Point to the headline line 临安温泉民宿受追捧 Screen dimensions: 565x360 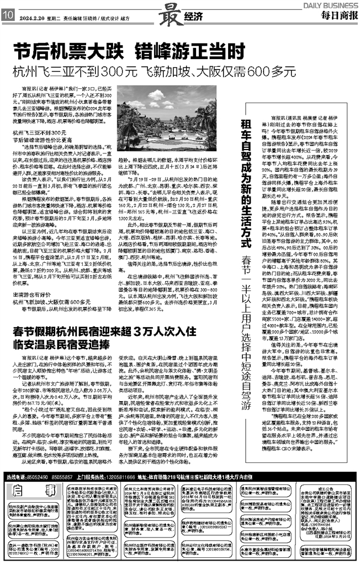72,344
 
